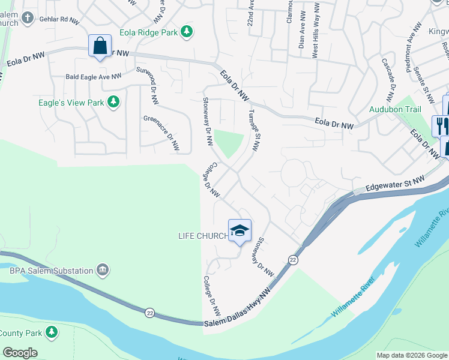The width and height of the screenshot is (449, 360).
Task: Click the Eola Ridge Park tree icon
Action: [187, 31]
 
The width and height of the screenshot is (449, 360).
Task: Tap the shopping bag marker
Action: [99, 46]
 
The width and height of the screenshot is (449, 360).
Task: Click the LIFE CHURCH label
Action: [203, 236]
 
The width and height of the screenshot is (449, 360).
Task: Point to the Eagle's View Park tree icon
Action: [113, 103]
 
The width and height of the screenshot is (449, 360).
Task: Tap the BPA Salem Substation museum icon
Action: [103, 271]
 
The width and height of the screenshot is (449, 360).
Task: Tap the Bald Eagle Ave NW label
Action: [93, 77]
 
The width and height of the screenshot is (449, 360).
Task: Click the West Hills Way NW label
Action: [315, 41]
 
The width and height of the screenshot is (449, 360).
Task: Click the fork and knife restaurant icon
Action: [442, 125]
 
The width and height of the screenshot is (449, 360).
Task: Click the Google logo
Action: [20, 353]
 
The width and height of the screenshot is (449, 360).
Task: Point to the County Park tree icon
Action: [52, 331]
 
